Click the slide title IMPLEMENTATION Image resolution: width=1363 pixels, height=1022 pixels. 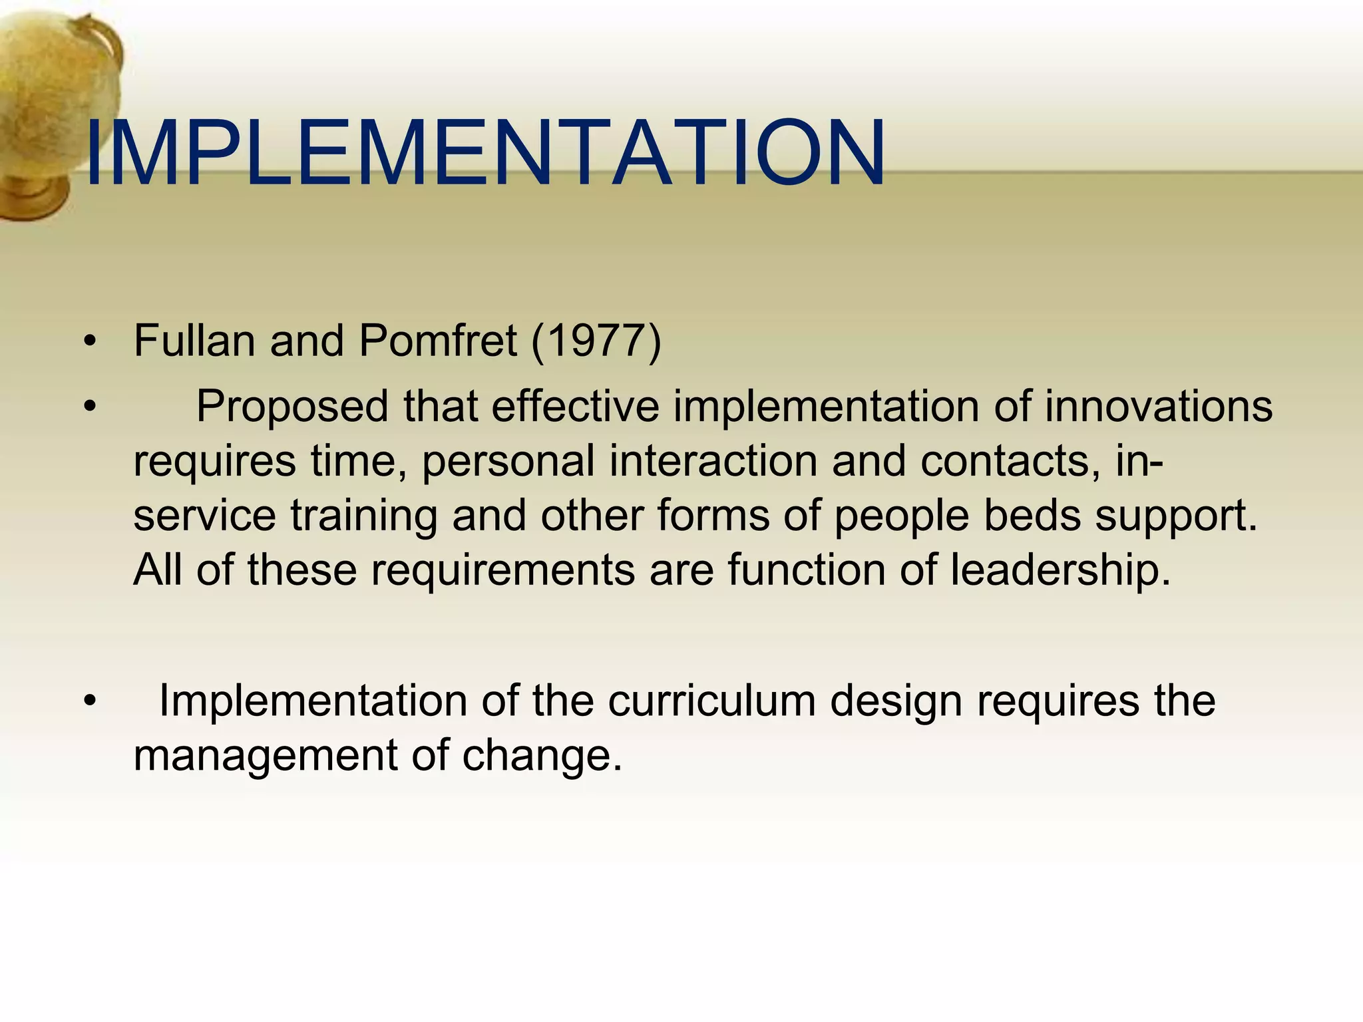click(485, 153)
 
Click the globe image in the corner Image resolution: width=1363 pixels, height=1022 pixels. click(53, 113)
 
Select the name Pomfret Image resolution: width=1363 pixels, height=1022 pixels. click(437, 341)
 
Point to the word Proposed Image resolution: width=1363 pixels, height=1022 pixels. click(292, 407)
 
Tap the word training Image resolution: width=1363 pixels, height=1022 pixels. click(363, 516)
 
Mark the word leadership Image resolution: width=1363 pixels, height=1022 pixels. click(1060, 571)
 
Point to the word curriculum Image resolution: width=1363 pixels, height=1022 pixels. click(711, 701)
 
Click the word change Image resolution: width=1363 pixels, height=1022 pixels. click(542, 757)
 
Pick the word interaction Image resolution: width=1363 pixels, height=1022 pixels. click(713, 460)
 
